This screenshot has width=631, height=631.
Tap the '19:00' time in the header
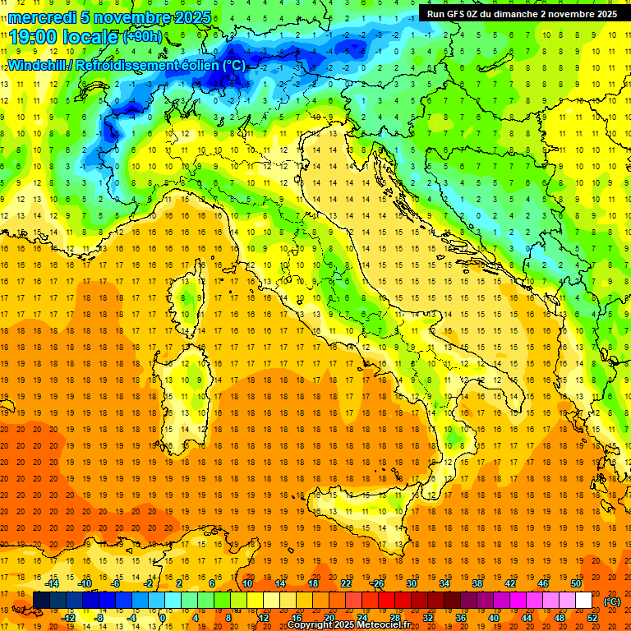point(34,36)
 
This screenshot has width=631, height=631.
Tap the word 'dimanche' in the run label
point(514,14)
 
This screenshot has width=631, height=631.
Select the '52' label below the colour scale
point(592,617)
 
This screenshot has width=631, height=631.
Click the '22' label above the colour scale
point(346,583)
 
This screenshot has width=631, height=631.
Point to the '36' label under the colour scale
point(461,617)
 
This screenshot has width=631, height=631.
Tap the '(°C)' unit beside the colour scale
point(612,601)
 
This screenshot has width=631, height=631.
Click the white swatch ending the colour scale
point(583,601)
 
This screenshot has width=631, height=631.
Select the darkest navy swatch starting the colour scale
point(41,601)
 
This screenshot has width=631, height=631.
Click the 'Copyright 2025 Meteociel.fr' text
point(354,625)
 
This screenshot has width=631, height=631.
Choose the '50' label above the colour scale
point(576,583)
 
